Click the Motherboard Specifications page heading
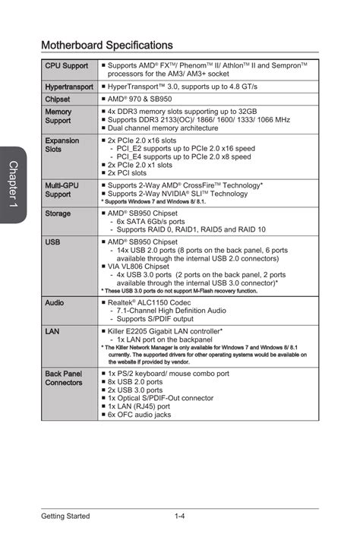(107, 46)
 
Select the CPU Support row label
(66, 66)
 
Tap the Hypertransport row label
(68, 88)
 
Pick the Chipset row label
(58, 99)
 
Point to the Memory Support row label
(58, 116)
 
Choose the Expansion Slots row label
(62, 145)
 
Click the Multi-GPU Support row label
(62, 190)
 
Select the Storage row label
(58, 214)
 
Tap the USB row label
(52, 242)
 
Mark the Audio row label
(54, 302)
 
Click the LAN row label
(52, 332)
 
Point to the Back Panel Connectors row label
(64, 378)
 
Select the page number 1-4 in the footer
(180, 516)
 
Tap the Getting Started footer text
(65, 516)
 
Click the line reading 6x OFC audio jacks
(139, 415)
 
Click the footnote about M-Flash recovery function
(178, 291)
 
